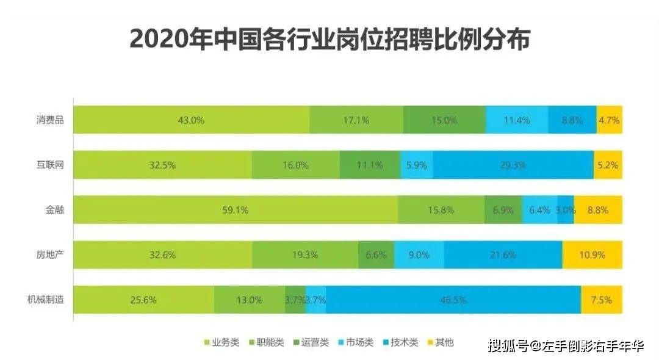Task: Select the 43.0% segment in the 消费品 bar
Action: [191, 120]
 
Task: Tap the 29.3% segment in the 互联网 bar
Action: [513, 165]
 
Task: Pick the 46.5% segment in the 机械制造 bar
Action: [453, 300]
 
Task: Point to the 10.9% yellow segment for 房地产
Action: [592, 255]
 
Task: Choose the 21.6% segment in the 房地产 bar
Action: [503, 255]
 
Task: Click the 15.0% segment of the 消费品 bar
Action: [444, 120]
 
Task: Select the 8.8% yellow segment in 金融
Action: [597, 210]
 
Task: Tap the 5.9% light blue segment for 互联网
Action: [417, 165]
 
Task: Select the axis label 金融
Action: [55, 210]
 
